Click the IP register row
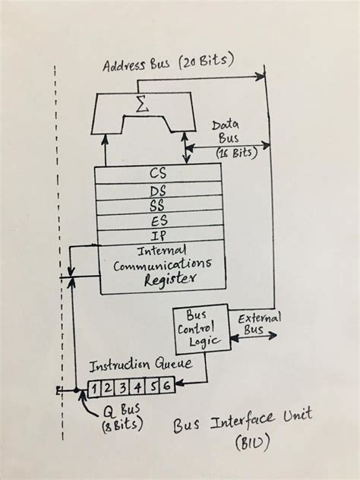pos(160,236)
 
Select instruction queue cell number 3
pos(120,389)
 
